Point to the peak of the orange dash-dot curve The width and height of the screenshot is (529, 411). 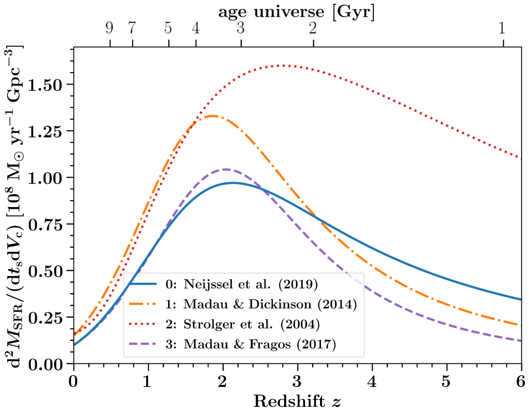coord(213,116)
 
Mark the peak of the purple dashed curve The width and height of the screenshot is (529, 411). coord(226,169)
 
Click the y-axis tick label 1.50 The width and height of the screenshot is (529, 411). coord(51,84)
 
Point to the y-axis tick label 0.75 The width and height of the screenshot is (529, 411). coord(51,224)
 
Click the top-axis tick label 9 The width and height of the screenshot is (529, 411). coord(109,29)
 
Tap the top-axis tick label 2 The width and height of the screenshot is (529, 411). coord(313,29)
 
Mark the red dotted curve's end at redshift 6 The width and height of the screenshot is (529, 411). coord(520,158)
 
